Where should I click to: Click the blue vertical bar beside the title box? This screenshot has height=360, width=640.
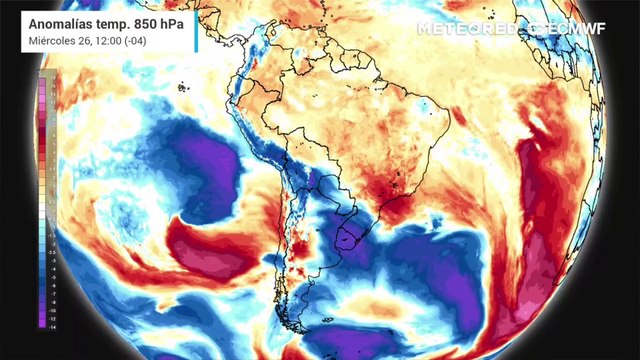click(x=196, y=29)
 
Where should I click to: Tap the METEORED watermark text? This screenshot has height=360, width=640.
click(x=465, y=29)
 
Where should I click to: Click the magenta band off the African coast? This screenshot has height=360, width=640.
click(x=540, y=260)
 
